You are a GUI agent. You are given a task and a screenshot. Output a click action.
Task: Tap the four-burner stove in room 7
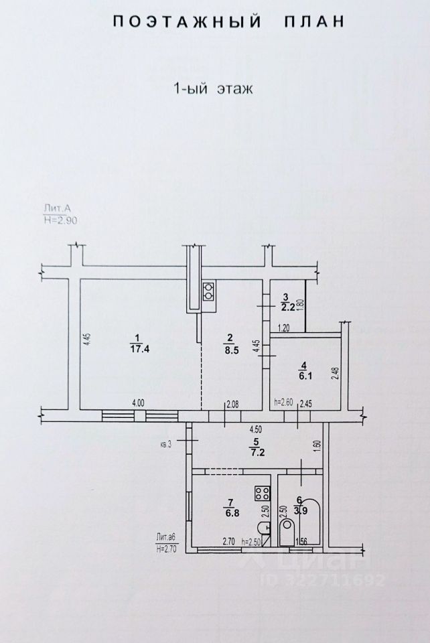[261, 494]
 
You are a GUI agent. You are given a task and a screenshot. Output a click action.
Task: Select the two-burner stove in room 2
[208, 291]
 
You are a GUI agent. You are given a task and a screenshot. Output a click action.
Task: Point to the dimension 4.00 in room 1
[138, 403]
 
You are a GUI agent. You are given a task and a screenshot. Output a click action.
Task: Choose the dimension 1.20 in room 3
[285, 328]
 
